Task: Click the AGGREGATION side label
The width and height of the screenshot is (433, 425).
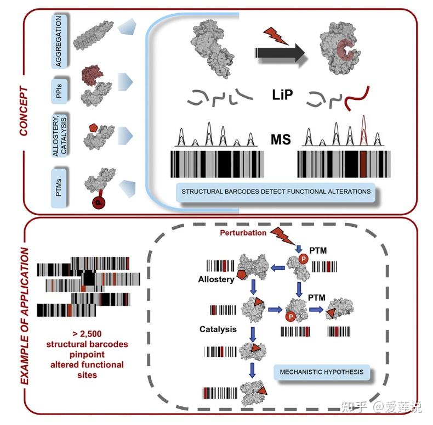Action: pyautogui.click(x=62, y=41)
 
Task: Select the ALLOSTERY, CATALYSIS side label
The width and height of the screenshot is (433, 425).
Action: pyautogui.click(x=62, y=133)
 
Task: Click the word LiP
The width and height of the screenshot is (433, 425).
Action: pyautogui.click(x=283, y=95)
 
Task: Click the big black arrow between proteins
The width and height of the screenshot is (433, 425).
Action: pyautogui.click(x=279, y=53)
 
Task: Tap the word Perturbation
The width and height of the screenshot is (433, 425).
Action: pyautogui.click(x=243, y=233)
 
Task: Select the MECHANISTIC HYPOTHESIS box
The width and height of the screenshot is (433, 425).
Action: pyautogui.click(x=321, y=372)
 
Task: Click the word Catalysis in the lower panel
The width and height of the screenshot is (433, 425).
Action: pyautogui.click(x=218, y=329)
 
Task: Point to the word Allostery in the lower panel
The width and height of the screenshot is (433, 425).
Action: pyautogui.click(x=216, y=279)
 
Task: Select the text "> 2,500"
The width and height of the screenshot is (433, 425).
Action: pyautogui.click(x=87, y=333)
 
